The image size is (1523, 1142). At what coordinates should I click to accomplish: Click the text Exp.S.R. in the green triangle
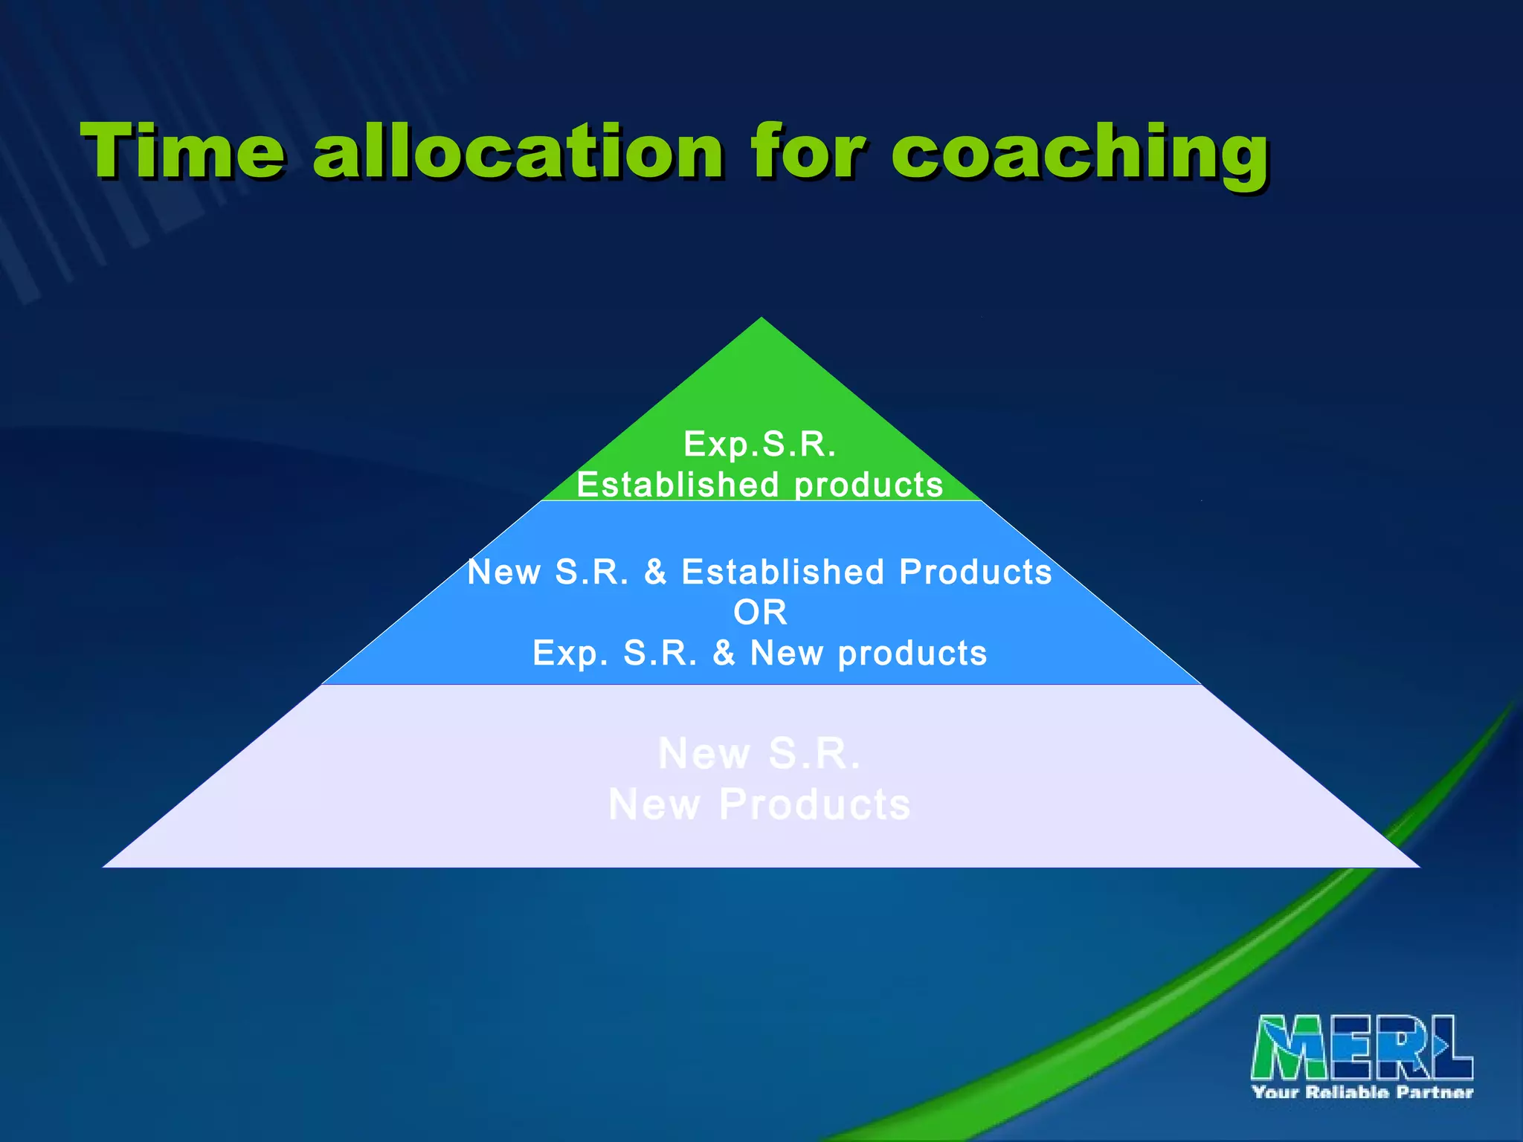click(x=760, y=444)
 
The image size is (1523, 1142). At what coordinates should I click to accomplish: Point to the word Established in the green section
click(x=677, y=485)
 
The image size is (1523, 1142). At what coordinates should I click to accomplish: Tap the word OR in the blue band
click(x=760, y=613)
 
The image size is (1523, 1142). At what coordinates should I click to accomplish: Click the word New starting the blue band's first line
click(x=504, y=572)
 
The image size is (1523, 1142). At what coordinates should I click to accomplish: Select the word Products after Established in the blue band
click(x=975, y=572)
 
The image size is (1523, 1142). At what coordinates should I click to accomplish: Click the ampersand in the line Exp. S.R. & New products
click(x=724, y=654)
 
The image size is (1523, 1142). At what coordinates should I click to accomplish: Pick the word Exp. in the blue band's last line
click(x=570, y=654)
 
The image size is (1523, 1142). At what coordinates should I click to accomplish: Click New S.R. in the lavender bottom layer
click(x=760, y=754)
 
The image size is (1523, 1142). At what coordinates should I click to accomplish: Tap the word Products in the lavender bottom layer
click(x=814, y=805)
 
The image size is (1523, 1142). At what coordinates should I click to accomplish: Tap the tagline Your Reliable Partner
click(x=1362, y=1092)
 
